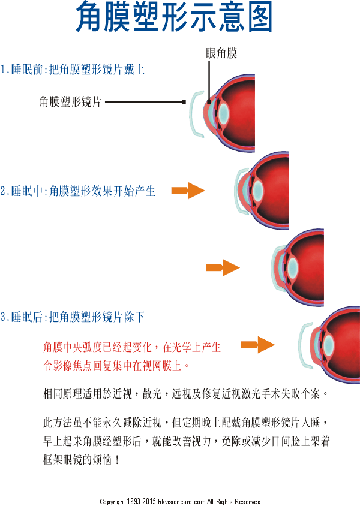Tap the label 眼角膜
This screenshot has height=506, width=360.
(221, 53)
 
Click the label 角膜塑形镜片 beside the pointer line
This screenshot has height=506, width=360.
(70, 102)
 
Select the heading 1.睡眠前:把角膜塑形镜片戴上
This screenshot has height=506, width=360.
(73, 70)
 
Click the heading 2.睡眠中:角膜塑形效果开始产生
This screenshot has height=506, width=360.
(78, 191)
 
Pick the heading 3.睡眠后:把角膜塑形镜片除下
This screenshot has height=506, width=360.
(73, 317)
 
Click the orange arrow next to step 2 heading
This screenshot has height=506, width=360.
(188, 191)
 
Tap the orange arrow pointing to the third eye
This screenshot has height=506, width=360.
(223, 267)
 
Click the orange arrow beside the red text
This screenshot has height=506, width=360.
(257, 344)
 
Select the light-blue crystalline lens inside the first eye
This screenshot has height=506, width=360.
(223, 113)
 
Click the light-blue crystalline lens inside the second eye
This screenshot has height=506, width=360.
(257, 191)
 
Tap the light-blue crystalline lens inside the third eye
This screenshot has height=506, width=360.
(292, 267)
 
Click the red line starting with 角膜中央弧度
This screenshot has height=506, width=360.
(132, 347)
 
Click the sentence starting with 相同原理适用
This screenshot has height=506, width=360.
(186, 394)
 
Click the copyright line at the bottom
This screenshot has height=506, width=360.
(180, 501)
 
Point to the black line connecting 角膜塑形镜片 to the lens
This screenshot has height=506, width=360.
(144, 103)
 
